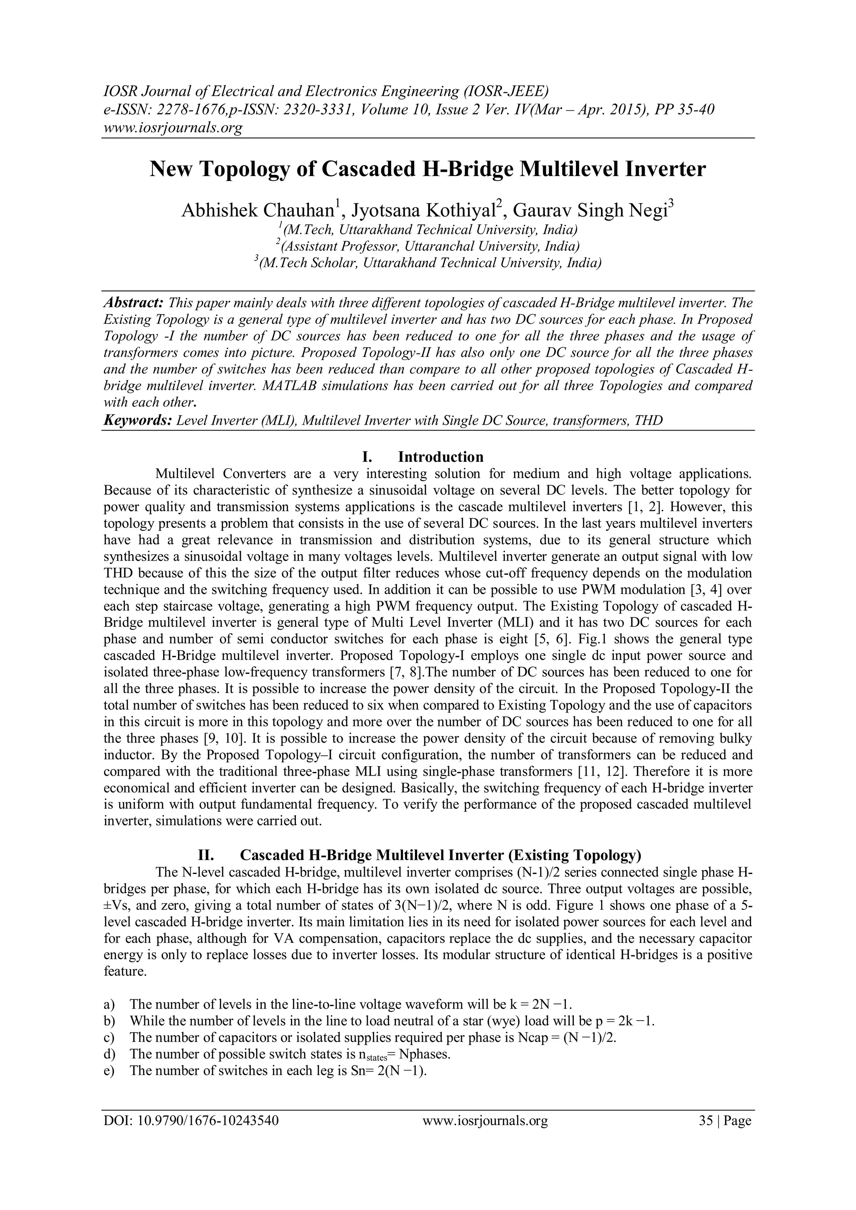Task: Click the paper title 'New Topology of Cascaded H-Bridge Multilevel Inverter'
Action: (428, 170)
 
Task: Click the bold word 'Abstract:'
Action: (133, 303)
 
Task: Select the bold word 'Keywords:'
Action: (138, 420)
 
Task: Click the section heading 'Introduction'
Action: (441, 456)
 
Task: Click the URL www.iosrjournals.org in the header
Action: (172, 127)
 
